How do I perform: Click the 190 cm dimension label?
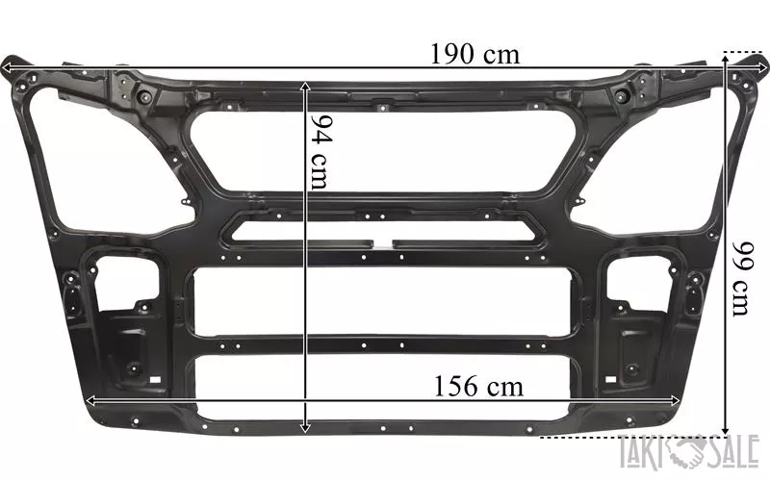(x=475, y=55)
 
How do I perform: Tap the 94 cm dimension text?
(x=322, y=153)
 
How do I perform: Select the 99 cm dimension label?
(x=741, y=279)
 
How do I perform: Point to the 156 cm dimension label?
(x=478, y=387)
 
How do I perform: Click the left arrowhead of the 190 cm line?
(x=7, y=68)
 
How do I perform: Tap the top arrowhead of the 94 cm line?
(x=305, y=87)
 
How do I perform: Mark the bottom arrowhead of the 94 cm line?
(x=305, y=427)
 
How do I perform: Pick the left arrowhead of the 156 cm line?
(x=91, y=401)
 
